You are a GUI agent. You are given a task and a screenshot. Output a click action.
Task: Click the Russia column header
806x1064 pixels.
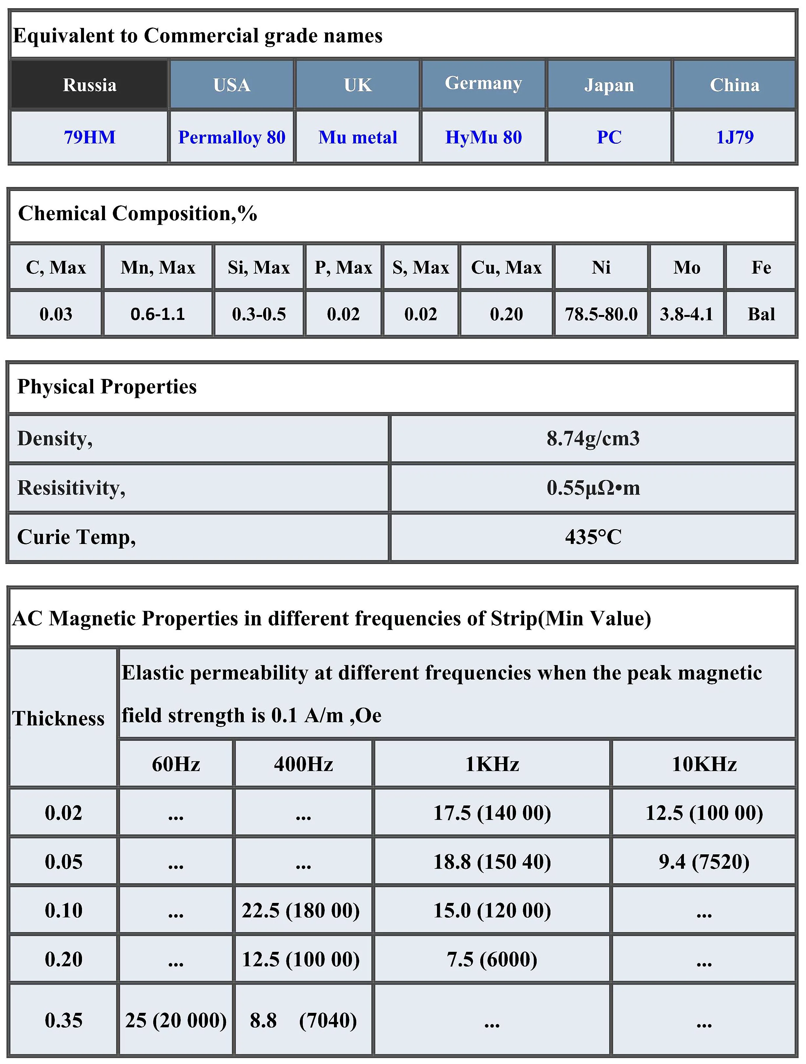coord(90,85)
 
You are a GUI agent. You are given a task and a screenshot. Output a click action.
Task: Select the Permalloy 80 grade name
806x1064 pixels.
coord(232,137)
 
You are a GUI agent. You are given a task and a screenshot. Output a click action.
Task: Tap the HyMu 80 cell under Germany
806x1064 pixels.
coord(483,137)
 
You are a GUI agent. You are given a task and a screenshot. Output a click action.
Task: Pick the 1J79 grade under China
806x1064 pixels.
coord(734,137)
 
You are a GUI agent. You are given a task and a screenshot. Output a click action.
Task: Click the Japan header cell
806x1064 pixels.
coord(609,85)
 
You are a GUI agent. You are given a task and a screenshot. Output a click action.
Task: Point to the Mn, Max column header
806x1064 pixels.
coord(158,267)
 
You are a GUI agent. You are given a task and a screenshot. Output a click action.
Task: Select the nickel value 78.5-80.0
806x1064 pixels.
coord(601,314)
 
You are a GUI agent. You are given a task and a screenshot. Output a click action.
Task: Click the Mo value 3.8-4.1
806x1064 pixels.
coord(686,314)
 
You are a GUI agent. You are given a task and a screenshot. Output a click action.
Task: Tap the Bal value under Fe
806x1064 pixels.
coord(761,314)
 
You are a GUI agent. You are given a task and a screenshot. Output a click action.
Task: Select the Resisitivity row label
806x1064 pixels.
coord(71,488)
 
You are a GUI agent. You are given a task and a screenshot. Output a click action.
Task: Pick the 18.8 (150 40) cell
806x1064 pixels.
coord(492,862)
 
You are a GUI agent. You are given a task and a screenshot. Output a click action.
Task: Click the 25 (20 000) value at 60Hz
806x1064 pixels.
coord(176,1020)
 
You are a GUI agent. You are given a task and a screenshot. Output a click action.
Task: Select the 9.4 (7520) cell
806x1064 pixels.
coord(704,862)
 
